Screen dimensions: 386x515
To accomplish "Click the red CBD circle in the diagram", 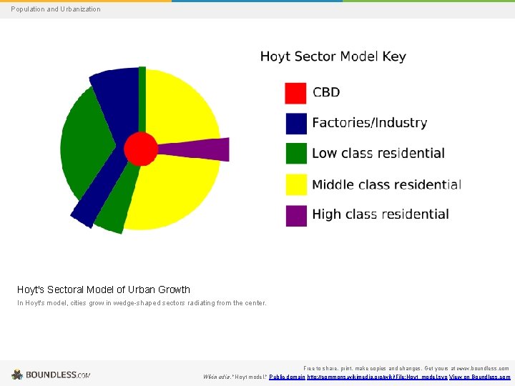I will coord(140,149).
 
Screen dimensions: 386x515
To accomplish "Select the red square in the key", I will coord(295,93).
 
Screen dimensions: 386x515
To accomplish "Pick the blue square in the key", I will coord(295,124).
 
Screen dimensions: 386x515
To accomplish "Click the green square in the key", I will coord(295,154).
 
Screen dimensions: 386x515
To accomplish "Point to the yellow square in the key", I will coord(295,184).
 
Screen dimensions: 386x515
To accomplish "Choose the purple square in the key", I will coord(295,215).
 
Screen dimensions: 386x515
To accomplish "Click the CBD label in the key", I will coord(326,92).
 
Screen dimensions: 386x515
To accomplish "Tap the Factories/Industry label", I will coord(369,123).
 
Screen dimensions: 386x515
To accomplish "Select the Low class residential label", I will coord(378,153).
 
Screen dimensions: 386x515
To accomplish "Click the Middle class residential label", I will coord(386,184).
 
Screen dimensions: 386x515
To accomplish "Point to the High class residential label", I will coord(380,214).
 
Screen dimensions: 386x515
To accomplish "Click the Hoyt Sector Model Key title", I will coord(333,56).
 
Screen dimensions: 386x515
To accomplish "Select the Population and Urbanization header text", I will coord(56,9).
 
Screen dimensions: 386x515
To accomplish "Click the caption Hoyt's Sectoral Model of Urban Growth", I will coord(104,289).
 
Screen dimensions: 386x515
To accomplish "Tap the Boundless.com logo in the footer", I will coord(51,375).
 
